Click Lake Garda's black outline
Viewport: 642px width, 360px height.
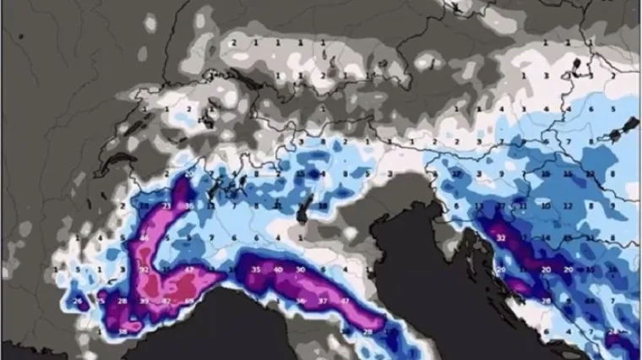point(301,211)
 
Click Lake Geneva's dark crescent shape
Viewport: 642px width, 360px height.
point(127,157)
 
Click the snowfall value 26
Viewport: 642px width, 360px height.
point(77,302)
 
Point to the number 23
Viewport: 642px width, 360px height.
point(166,205)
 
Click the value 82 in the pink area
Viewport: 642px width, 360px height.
point(166,301)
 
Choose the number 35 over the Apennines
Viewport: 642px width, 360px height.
point(256,269)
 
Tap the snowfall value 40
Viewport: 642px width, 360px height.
point(277,269)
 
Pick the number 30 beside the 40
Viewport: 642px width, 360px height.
point(300,269)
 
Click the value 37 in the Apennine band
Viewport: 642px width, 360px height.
point(322,301)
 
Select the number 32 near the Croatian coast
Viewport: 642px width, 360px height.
point(501,237)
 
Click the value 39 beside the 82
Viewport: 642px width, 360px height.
point(144,301)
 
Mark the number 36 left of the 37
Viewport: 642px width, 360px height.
point(301,301)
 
